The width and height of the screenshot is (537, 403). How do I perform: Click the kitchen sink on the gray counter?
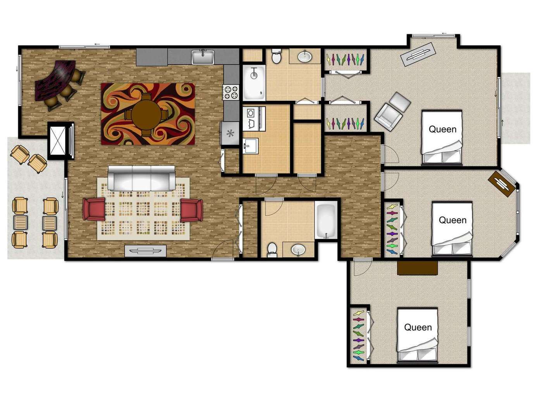point(203,57)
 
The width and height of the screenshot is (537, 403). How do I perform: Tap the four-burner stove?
point(231,92)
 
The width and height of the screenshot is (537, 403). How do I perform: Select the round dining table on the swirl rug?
point(146,115)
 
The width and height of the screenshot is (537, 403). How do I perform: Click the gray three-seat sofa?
point(142,178)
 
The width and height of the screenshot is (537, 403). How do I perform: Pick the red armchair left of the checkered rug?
point(94,209)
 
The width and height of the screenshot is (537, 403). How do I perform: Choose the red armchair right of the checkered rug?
point(191,210)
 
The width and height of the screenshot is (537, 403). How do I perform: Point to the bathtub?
point(326,220)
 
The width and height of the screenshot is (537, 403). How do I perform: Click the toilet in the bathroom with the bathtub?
point(272,249)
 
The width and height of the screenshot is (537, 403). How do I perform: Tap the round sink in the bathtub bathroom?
point(298,250)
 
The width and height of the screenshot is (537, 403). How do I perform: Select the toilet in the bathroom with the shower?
point(276,56)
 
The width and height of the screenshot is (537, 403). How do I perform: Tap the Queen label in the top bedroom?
point(442,129)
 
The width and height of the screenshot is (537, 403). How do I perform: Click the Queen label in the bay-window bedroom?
point(453,220)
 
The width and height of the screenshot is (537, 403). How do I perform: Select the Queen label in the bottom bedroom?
point(418,327)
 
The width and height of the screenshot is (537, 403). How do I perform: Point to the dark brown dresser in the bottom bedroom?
point(417,268)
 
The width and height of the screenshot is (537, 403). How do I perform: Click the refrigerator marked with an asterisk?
point(230,133)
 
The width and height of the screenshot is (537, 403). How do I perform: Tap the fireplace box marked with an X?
point(57,141)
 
